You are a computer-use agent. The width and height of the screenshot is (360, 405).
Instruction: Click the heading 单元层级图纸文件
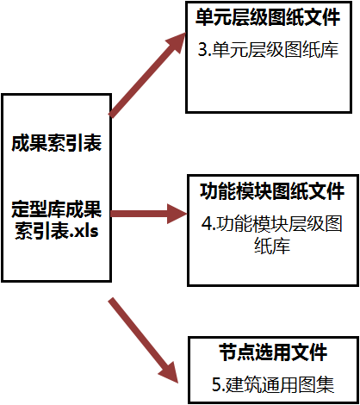[x=268, y=17]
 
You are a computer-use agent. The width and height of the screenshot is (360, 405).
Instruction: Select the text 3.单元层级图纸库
[x=268, y=49]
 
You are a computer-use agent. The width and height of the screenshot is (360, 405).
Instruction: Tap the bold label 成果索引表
[x=56, y=143]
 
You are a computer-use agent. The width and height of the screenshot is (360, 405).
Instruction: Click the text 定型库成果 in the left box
[x=56, y=209]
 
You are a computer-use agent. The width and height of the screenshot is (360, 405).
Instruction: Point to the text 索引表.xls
[x=56, y=230]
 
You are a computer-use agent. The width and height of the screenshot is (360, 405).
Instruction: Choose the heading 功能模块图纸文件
[x=272, y=191]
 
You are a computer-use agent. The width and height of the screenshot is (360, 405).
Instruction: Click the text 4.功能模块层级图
[x=272, y=223]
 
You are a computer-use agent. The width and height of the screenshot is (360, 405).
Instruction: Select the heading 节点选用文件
[x=273, y=352]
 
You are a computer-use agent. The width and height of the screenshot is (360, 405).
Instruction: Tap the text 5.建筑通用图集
[x=273, y=384]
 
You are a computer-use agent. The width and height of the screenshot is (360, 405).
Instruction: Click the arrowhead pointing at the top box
[x=176, y=42]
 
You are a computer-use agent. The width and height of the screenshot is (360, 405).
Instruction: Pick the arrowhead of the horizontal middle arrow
[x=177, y=214]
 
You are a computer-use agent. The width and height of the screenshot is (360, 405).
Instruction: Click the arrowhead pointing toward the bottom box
[x=170, y=372]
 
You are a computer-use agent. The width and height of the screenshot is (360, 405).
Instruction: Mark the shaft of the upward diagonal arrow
[x=140, y=80]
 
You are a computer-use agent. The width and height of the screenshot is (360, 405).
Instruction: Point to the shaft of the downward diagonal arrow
[x=138, y=333]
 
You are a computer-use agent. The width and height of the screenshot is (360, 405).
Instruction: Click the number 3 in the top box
[x=202, y=50]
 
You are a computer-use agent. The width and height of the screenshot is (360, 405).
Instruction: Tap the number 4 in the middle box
[x=206, y=224]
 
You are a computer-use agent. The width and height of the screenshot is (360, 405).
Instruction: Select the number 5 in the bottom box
[x=216, y=384]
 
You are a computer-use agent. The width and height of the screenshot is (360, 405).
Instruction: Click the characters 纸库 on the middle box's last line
[x=272, y=246]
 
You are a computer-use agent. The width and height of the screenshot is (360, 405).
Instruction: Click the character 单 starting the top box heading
[x=204, y=17]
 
